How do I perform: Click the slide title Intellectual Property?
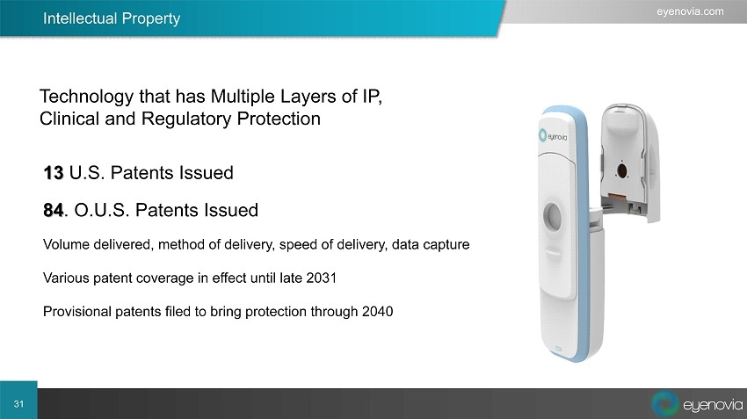(x=112, y=18)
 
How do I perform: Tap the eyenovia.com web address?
(x=690, y=11)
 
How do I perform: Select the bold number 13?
(x=54, y=173)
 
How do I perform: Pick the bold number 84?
(x=54, y=210)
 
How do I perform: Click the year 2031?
(x=321, y=278)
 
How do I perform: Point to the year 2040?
(x=377, y=311)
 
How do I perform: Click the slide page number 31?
(x=18, y=404)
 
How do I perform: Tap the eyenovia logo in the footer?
(x=697, y=404)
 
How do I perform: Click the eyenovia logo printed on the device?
(x=553, y=136)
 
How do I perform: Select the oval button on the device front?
(x=552, y=216)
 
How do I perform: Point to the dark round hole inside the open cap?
(x=621, y=170)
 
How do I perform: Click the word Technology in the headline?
(x=87, y=98)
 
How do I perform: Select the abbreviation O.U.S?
(x=101, y=210)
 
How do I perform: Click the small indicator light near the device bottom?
(x=558, y=349)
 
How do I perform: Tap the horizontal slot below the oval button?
(x=553, y=252)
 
